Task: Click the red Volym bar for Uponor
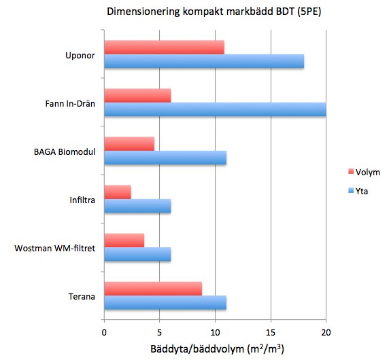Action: [x=164, y=47]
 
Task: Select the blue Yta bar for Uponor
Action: [x=204, y=61]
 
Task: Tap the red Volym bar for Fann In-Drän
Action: [x=137, y=96]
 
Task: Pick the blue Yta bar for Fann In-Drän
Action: [x=215, y=110]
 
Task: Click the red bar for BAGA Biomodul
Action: [x=129, y=143]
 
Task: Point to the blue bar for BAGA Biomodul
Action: [x=165, y=158]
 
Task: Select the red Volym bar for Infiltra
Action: [x=118, y=192]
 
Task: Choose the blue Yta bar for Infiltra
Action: [x=137, y=206]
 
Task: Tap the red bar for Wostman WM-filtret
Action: [x=124, y=240]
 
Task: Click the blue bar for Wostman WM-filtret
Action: [x=137, y=255]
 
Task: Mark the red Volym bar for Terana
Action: [x=153, y=289]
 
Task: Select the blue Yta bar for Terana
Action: [x=165, y=303]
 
